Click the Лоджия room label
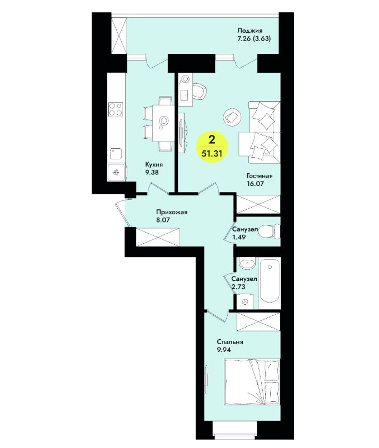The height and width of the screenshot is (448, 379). [250, 31]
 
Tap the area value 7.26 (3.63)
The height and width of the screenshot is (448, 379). [254, 38]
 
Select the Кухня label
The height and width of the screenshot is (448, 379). [154, 164]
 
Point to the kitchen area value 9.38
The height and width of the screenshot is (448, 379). [152, 172]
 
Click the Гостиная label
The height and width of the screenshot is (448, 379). [260, 176]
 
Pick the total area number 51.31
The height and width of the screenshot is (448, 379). [212, 153]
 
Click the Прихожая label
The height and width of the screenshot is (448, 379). [172, 212]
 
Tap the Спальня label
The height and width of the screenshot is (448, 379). [230, 342]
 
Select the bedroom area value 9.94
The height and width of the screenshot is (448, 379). [224, 350]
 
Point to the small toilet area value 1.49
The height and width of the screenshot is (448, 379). [239, 237]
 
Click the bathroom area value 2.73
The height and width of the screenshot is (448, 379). [238, 286]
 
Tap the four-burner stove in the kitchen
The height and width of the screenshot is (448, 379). [116, 109]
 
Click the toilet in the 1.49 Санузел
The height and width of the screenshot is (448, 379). [270, 231]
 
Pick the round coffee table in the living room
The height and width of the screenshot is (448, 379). [232, 117]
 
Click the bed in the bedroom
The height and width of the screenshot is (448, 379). [252, 382]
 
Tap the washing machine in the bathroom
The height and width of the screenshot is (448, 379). [245, 301]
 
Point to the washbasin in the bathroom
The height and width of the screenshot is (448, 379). [247, 264]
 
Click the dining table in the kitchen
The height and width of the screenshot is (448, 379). [163, 123]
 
